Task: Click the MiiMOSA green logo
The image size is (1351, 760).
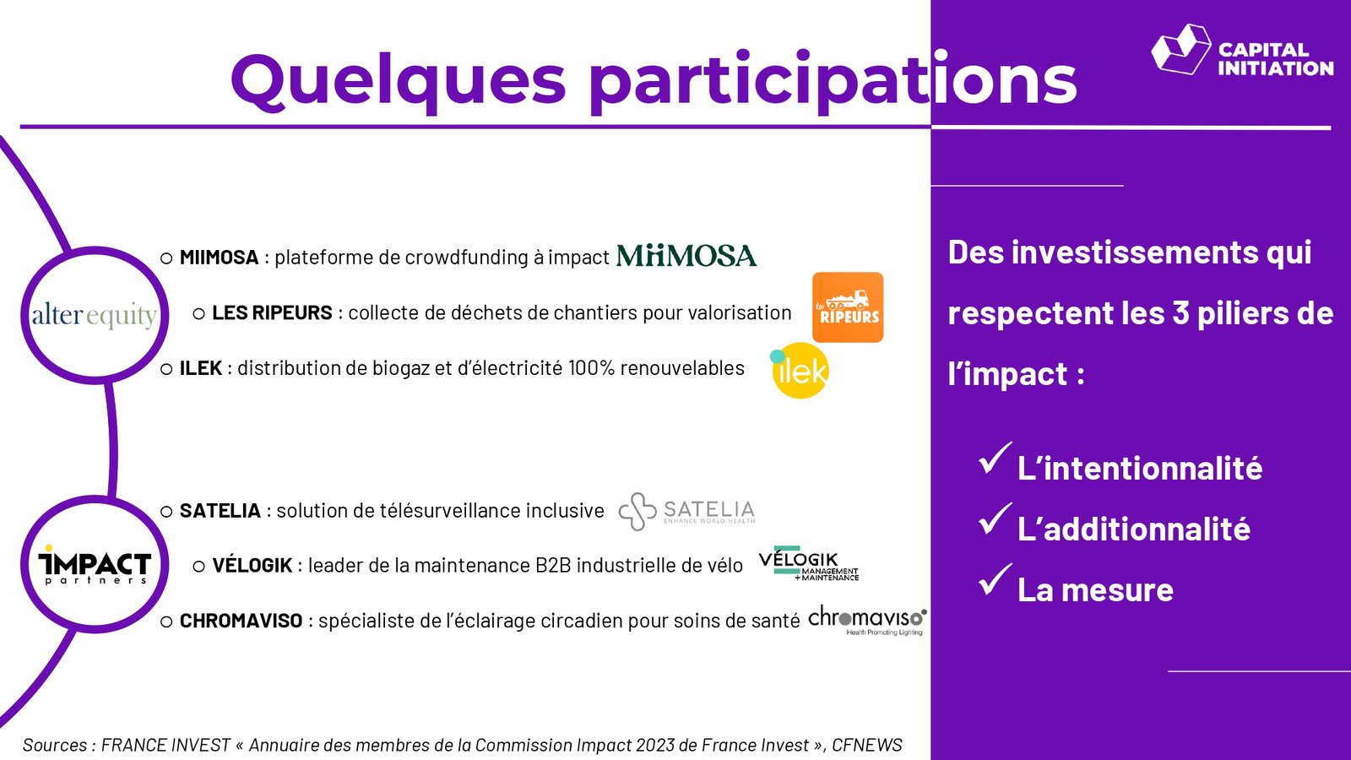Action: pyautogui.click(x=686, y=256)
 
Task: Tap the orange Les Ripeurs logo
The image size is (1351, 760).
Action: pyautogui.click(x=848, y=307)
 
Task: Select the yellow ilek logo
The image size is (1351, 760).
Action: pyautogui.click(x=800, y=371)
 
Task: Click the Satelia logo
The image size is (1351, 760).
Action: pyautogui.click(x=686, y=512)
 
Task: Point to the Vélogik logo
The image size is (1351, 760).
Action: pyautogui.click(x=808, y=564)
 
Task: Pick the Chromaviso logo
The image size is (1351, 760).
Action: pyautogui.click(x=866, y=620)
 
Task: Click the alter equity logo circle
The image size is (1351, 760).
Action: pyautogui.click(x=95, y=315)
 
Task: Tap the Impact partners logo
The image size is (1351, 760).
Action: pyautogui.click(x=95, y=565)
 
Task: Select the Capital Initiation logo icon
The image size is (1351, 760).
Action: pyautogui.click(x=1181, y=50)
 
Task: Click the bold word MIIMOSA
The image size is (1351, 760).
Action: pyautogui.click(x=219, y=258)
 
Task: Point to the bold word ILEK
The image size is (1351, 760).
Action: pyautogui.click(x=201, y=368)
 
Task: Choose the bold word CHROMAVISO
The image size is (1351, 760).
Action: pyautogui.click(x=241, y=621)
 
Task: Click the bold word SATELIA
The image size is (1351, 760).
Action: pyautogui.click(x=220, y=511)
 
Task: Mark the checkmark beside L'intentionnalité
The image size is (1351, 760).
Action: pyautogui.click(x=995, y=459)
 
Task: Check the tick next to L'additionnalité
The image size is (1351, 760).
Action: pyautogui.click(x=995, y=518)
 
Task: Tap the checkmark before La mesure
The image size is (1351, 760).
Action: pyautogui.click(x=995, y=579)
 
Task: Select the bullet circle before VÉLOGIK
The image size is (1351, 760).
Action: pyautogui.click(x=199, y=567)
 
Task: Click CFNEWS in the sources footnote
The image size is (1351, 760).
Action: pyautogui.click(x=866, y=746)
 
